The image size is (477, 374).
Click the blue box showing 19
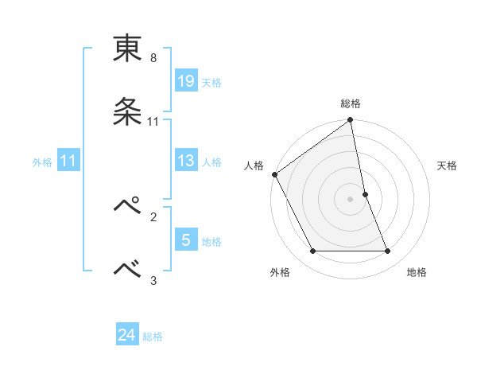point(185,81)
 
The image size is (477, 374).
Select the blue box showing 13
point(185,161)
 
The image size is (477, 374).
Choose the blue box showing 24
point(127,336)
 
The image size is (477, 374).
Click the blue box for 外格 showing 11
point(68,161)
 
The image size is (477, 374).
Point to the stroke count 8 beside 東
point(153,58)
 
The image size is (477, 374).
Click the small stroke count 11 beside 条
point(153,122)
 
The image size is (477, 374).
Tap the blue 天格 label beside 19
point(211,82)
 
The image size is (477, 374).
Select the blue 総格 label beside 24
point(153,337)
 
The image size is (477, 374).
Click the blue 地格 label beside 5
point(211,241)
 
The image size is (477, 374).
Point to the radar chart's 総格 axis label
point(351,103)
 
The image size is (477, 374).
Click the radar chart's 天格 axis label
point(448,166)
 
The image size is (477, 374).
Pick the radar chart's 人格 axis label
point(254,166)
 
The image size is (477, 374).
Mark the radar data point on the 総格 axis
point(351,121)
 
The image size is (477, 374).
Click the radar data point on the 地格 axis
point(388,251)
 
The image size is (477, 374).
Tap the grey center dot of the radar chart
point(351,199)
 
